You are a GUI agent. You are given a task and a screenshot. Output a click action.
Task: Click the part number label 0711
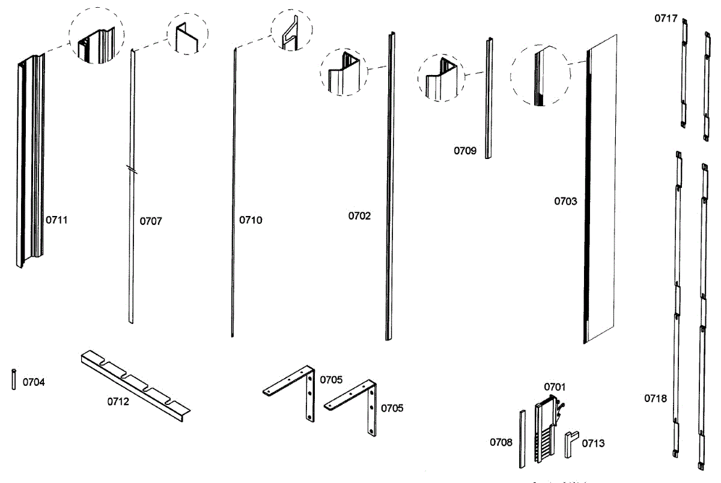pyautogui.click(x=57, y=220)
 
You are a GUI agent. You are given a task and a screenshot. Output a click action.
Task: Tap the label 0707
pyautogui.click(x=151, y=221)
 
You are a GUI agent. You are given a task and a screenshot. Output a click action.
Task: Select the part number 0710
pyautogui.click(x=251, y=220)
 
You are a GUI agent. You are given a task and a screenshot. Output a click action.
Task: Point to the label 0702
pyautogui.click(x=359, y=215)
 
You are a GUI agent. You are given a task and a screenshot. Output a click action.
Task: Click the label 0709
pyautogui.click(x=464, y=151)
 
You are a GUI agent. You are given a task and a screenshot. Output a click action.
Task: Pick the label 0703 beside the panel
pyautogui.click(x=565, y=201)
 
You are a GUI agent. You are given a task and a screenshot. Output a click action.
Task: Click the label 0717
pyautogui.click(x=666, y=19)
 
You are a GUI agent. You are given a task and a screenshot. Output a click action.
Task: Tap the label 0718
pyautogui.click(x=656, y=398)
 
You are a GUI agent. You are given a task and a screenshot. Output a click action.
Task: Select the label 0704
pyautogui.click(x=34, y=382)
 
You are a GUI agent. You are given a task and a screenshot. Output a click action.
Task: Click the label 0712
pyautogui.click(x=118, y=402)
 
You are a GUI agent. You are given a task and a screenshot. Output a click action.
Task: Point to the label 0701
pyautogui.click(x=555, y=387)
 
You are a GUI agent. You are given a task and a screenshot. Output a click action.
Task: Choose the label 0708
pyautogui.click(x=501, y=442)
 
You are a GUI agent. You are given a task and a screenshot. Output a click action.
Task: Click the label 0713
pyautogui.click(x=593, y=443)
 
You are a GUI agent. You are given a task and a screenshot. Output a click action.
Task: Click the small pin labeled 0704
pyautogui.click(x=13, y=380)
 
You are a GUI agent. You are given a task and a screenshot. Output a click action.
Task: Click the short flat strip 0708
pyautogui.click(x=522, y=439)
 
